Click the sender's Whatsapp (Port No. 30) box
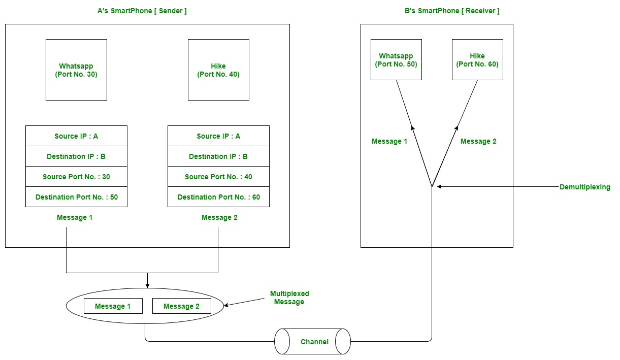click(x=76, y=70)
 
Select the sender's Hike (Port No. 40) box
click(x=218, y=70)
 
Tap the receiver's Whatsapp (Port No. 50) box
click(x=396, y=60)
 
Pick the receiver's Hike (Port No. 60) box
click(x=477, y=60)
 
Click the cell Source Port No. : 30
click(x=76, y=177)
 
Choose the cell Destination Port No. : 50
click(x=76, y=197)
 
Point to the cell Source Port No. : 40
click(x=218, y=177)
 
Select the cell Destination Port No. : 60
click(x=218, y=197)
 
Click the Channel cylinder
click(x=313, y=341)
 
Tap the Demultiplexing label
click(x=584, y=187)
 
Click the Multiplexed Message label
click(x=289, y=298)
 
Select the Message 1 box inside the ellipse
click(x=113, y=306)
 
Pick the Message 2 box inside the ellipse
click(x=182, y=306)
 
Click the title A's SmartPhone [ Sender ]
click(x=142, y=11)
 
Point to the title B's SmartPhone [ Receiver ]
click(x=452, y=11)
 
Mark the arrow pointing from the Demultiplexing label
click(x=498, y=187)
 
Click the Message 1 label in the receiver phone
click(x=389, y=141)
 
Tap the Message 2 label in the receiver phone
click(x=478, y=141)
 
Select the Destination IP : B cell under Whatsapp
click(x=76, y=156)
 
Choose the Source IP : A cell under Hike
click(x=218, y=136)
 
